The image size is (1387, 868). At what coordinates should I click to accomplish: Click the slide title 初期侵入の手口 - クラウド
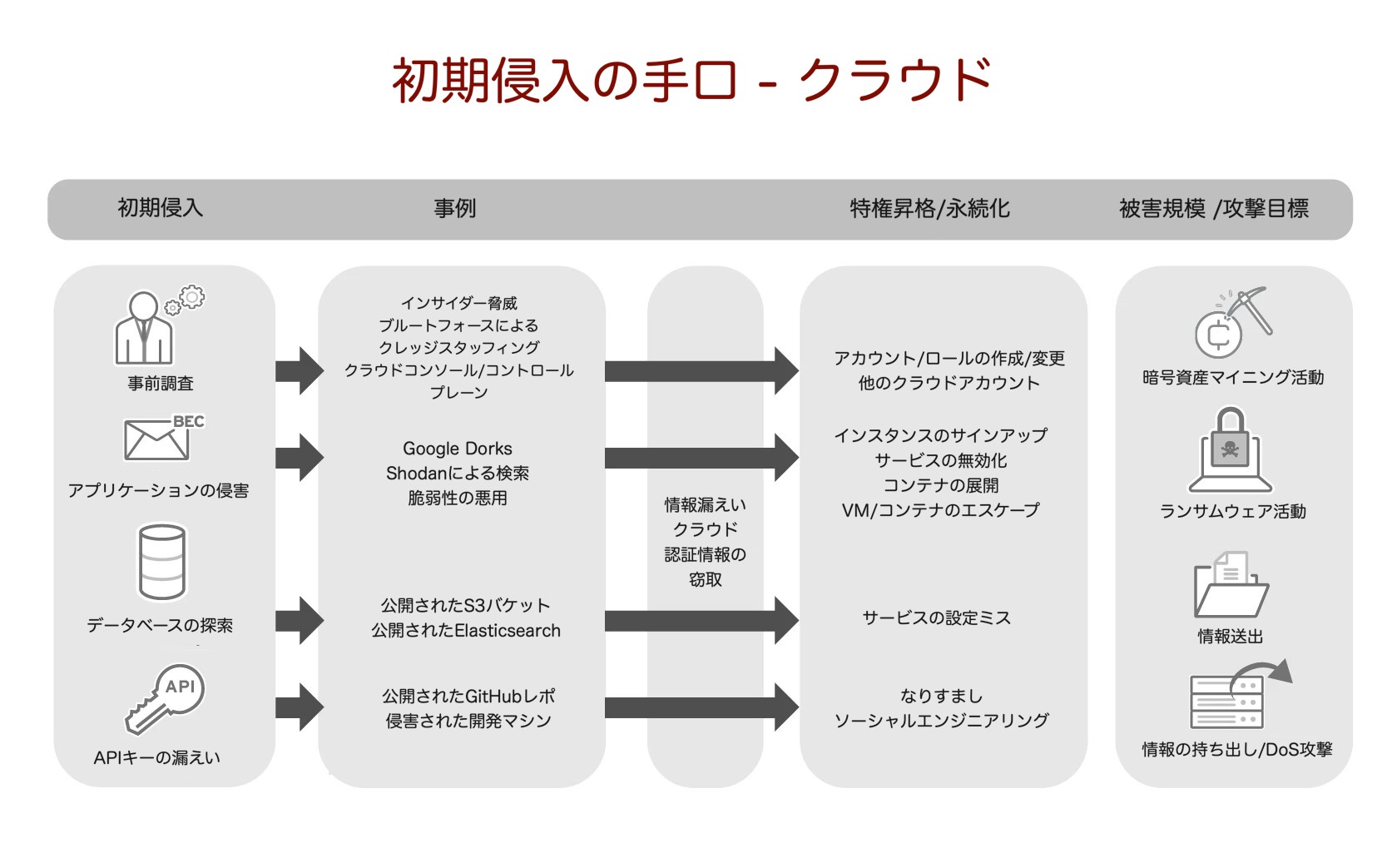pos(691,81)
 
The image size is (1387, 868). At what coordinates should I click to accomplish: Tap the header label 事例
pos(454,208)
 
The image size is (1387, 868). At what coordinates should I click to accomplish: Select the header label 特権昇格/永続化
pos(929,208)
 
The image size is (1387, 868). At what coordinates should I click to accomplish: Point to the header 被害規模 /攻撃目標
pos(1213,208)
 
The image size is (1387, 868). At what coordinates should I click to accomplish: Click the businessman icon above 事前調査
pos(150,329)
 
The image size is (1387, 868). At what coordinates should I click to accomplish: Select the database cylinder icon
pos(162,562)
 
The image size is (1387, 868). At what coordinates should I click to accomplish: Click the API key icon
pos(165,697)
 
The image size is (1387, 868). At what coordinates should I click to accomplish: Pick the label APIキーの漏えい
pos(157,757)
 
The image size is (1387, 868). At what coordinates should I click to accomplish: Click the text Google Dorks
pos(458,449)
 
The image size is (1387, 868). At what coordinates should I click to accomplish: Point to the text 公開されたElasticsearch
pos(466,631)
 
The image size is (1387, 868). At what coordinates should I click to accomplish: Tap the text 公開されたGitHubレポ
pos(468,696)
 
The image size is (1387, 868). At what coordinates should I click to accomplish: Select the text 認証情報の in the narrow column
pos(705,554)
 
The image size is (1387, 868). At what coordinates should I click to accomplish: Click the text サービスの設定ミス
pos(937,618)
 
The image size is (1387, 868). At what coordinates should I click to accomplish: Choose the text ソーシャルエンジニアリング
pos(941,721)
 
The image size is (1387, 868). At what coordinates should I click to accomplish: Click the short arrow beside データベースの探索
pos(299,620)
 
